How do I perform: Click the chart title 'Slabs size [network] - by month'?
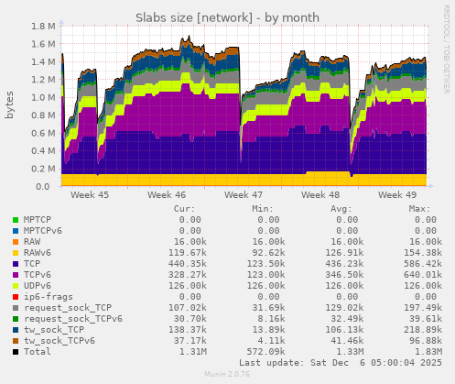coord(227,17)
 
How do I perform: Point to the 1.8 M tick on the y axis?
coord(40,27)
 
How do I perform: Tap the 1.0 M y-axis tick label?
coord(40,98)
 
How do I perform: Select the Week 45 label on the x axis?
coord(89,195)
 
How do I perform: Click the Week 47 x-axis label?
coord(243,195)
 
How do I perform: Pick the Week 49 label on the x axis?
coord(396,195)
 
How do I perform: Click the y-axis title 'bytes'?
coord(10,106)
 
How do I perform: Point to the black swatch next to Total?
coord(15,351)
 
